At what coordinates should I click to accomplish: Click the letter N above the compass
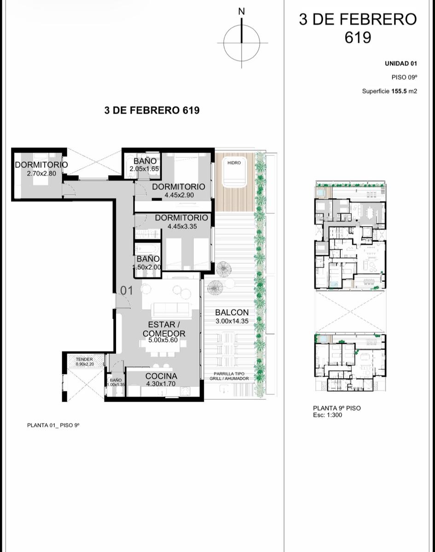tap(241, 11)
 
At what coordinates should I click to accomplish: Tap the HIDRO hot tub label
tap(234, 163)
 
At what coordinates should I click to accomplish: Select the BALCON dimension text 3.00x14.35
tap(232, 321)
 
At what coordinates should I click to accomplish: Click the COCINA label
tap(161, 376)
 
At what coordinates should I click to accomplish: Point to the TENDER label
tap(84, 359)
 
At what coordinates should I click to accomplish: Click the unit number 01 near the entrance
tap(127, 291)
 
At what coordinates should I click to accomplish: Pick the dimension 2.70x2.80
tap(41, 173)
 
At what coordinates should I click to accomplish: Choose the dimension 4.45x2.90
tap(179, 195)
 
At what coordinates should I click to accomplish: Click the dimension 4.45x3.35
tap(182, 226)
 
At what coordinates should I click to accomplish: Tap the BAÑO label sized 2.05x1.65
tap(145, 161)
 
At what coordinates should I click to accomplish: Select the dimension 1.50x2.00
tap(147, 267)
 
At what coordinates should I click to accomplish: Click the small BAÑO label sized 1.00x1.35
tap(116, 380)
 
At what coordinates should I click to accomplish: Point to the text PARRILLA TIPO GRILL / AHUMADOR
tap(229, 376)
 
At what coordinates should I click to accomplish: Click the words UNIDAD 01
tap(401, 63)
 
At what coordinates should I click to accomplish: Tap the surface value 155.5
tap(399, 91)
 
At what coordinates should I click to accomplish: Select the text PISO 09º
tap(404, 77)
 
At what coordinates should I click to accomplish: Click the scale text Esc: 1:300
tap(327, 415)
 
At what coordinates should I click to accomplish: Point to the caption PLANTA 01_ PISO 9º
tap(53, 425)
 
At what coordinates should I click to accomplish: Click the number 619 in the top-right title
tap(358, 38)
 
